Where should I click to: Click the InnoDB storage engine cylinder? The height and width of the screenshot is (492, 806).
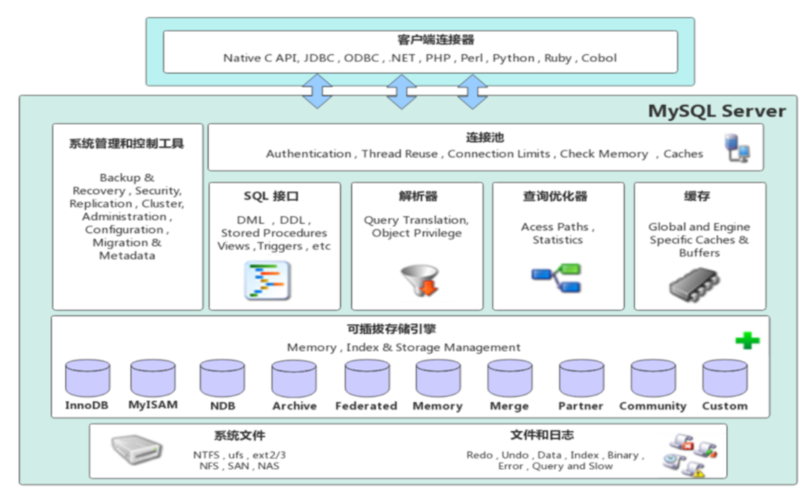point(87,378)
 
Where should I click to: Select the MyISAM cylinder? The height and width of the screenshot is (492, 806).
point(152,378)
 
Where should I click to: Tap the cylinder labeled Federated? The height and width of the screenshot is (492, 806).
point(366,378)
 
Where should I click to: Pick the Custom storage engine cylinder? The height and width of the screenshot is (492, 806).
point(725,378)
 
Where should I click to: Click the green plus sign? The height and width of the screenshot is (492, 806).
point(747,340)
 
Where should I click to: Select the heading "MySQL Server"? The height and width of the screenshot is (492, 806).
point(717,111)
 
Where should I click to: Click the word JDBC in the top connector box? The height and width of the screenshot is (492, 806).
point(319,58)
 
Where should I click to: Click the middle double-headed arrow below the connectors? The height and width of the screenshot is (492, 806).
point(401,92)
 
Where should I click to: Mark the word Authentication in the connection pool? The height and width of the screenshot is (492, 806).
point(309,154)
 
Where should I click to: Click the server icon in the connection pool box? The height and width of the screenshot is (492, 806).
point(736,148)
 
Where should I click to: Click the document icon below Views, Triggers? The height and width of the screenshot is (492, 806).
point(266,281)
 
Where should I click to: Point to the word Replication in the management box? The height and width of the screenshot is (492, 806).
point(101,203)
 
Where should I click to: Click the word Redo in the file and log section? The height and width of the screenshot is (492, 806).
point(479,455)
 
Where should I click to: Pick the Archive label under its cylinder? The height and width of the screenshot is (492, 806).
point(294,406)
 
